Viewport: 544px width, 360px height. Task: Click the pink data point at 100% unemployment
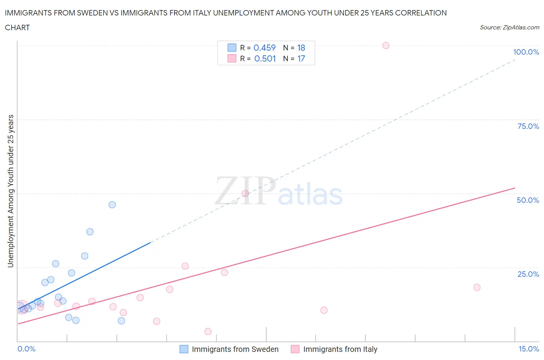tap(386, 45)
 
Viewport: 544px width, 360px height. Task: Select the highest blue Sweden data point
tap(112, 204)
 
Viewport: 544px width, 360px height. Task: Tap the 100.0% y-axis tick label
tap(526, 52)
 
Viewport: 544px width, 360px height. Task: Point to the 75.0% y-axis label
tap(528, 126)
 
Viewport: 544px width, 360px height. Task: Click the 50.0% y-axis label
tap(528, 200)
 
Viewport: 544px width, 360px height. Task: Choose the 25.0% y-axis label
tap(528, 274)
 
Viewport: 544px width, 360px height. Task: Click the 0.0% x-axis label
tap(27, 349)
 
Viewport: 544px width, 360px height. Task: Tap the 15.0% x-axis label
tap(529, 349)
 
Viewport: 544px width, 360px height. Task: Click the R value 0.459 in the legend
tap(265, 48)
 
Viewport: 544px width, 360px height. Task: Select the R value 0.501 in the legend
tap(265, 58)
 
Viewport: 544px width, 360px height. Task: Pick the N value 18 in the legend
tap(301, 48)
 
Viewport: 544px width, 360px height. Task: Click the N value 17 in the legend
tap(301, 58)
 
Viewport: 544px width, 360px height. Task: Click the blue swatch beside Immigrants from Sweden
tap(184, 349)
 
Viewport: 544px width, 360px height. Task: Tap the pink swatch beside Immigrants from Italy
tap(295, 349)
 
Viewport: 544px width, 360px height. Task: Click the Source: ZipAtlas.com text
tap(509, 27)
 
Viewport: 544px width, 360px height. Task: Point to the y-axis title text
tap(10, 191)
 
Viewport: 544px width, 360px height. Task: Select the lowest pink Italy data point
tap(208, 331)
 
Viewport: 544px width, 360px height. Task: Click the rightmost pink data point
tap(477, 287)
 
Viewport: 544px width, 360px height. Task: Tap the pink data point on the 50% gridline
tap(245, 194)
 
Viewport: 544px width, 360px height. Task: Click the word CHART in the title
tap(17, 27)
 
